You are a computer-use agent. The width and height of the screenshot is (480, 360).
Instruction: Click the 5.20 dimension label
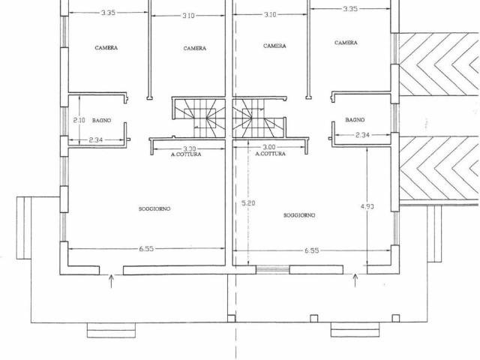[248, 203]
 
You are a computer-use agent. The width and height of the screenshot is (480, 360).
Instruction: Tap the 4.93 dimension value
[367, 206]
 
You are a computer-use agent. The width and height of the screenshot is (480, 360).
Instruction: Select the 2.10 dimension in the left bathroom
[79, 120]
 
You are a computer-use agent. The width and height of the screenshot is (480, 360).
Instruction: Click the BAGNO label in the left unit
[102, 121]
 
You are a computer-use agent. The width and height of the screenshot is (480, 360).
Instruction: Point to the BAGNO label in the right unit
[355, 120]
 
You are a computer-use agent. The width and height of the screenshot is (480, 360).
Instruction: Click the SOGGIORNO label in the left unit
[154, 208]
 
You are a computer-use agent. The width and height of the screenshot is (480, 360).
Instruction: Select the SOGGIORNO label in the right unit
[299, 215]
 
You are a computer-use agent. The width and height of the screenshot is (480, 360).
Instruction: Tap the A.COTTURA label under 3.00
[270, 154]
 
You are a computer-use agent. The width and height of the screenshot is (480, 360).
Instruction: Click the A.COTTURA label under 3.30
[186, 154]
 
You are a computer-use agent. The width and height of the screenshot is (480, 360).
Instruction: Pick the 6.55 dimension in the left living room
[146, 248]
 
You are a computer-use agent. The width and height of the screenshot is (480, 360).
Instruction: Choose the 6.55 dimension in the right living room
[312, 250]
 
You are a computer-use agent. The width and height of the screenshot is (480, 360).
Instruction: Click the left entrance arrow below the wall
[111, 281]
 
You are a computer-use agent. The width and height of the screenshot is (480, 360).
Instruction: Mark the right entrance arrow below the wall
[355, 280]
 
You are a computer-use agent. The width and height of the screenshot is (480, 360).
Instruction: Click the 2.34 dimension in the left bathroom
[96, 140]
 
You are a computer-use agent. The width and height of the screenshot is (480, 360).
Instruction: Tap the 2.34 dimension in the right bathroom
[363, 135]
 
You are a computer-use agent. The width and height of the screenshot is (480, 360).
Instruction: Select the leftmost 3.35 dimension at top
[108, 13]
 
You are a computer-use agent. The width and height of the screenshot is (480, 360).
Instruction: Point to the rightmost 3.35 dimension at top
[350, 9]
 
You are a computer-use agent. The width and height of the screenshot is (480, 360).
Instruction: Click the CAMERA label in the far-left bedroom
[106, 48]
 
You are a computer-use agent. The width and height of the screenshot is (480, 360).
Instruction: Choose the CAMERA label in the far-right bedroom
[346, 43]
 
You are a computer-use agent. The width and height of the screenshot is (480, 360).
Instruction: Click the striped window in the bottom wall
[273, 269]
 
